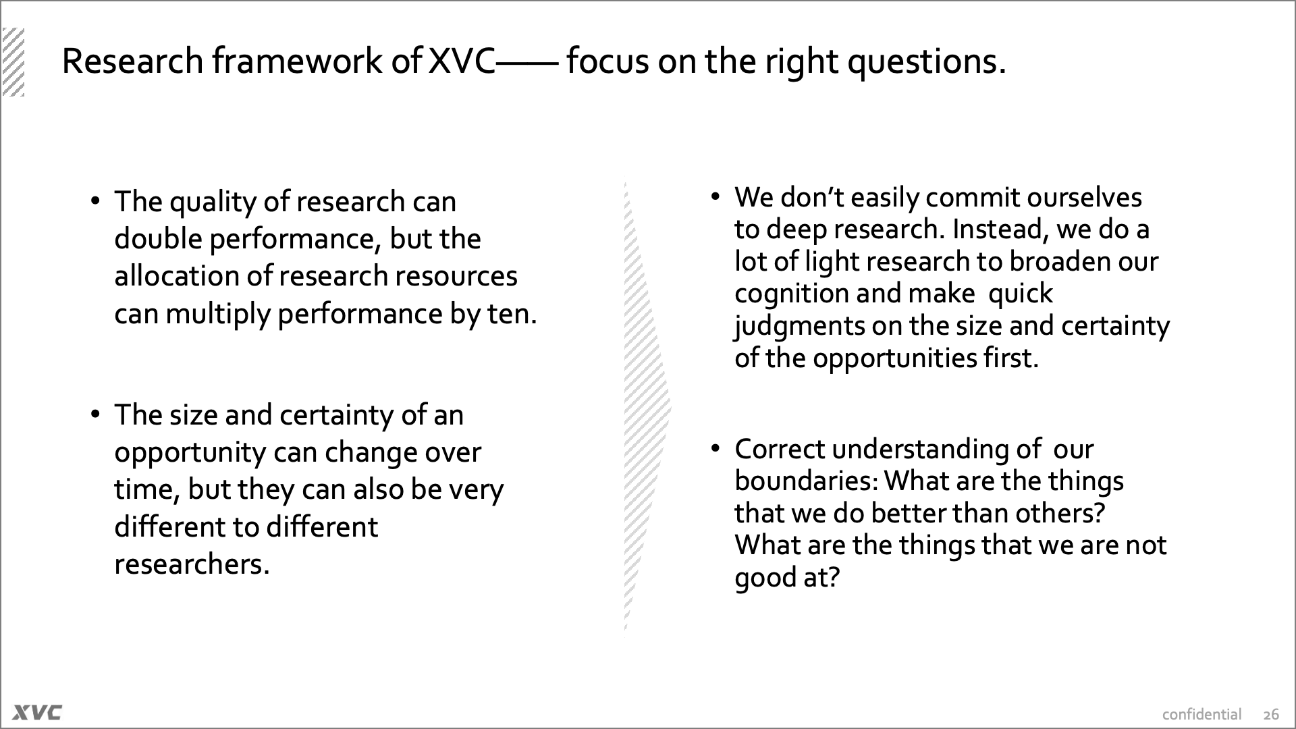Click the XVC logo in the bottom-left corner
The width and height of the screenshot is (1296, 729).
pyautogui.click(x=37, y=712)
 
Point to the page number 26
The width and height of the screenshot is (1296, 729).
pyautogui.click(x=1271, y=715)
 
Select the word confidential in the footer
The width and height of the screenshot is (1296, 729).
pyautogui.click(x=1201, y=714)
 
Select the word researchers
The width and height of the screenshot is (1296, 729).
pyautogui.click(x=192, y=565)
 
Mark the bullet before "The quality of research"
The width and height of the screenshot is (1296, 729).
pyautogui.click(x=95, y=201)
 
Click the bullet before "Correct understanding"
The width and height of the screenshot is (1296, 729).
pyautogui.click(x=715, y=449)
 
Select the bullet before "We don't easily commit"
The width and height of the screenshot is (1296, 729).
pyautogui.click(x=715, y=197)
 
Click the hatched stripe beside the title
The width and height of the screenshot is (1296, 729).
pyautogui.click(x=13, y=62)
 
